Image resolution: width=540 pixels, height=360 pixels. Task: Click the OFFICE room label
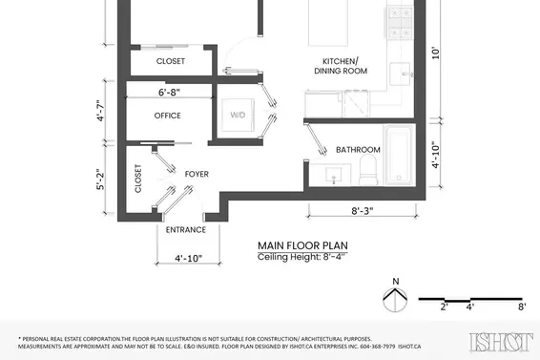pyautogui.click(x=167, y=116)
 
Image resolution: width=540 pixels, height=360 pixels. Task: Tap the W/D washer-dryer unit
pyautogui.click(x=238, y=115)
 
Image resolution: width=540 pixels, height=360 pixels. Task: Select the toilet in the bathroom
pyautogui.click(x=368, y=170)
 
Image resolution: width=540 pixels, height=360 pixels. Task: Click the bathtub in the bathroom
pyautogui.click(x=399, y=155)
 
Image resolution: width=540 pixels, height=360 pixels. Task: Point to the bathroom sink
pyautogui.click(x=333, y=176)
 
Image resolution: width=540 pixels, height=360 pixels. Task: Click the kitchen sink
pyautogui.click(x=400, y=74)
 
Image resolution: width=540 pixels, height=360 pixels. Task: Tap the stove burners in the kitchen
pyautogui.click(x=400, y=23)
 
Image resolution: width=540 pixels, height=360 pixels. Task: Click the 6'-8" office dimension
pyautogui.click(x=169, y=93)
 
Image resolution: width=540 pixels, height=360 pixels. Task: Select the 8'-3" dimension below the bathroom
pyautogui.click(x=363, y=211)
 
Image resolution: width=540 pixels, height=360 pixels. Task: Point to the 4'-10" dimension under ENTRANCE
pyautogui.click(x=188, y=258)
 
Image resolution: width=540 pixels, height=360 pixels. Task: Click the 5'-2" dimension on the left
pyautogui.click(x=100, y=180)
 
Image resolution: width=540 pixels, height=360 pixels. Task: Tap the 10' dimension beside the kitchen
pyautogui.click(x=436, y=53)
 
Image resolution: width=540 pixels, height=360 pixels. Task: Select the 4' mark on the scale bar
pyautogui.click(x=470, y=307)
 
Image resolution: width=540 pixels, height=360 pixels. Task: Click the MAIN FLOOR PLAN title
pyautogui.click(x=302, y=245)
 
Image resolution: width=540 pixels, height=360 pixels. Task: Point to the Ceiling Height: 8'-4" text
pyautogui.click(x=301, y=257)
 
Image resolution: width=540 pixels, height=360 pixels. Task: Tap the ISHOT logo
pyautogui.click(x=501, y=342)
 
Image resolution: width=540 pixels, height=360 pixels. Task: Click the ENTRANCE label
pyautogui.click(x=186, y=229)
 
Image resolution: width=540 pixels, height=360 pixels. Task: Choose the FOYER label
pyautogui.click(x=197, y=174)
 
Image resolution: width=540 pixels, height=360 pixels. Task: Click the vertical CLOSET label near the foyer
pyautogui.click(x=138, y=179)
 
